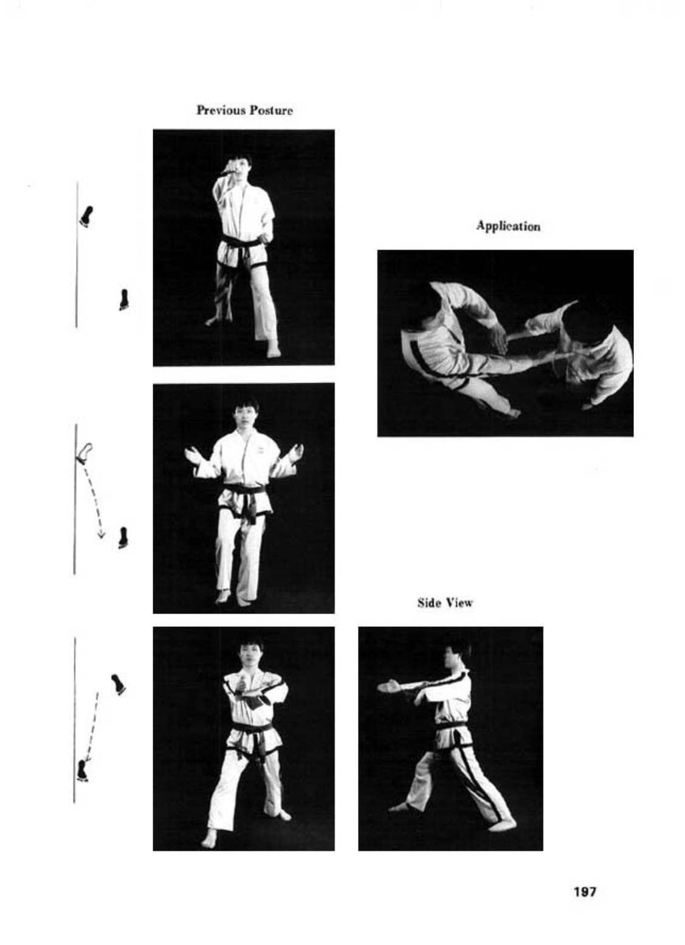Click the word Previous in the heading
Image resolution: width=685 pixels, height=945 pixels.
click(x=221, y=110)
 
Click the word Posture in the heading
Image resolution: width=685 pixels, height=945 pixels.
click(x=270, y=110)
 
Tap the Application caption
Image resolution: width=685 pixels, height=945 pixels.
click(x=508, y=226)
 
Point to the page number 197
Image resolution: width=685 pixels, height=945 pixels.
click(x=585, y=891)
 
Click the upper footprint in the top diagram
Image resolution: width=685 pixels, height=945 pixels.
click(x=86, y=216)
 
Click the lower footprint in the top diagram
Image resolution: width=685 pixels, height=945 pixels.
click(x=124, y=300)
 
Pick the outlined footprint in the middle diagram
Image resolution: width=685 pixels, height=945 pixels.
click(x=84, y=453)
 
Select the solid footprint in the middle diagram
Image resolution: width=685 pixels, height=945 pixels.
click(x=123, y=538)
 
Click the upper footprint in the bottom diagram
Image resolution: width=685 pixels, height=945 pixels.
click(x=119, y=684)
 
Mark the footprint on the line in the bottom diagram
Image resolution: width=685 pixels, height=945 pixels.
click(x=82, y=769)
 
